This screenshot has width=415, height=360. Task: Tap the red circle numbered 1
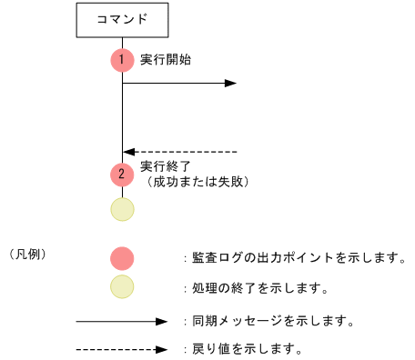coord(122,60)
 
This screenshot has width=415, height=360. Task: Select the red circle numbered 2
coord(122,174)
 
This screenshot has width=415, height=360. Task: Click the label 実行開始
coord(166,60)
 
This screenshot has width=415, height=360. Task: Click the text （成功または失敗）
coord(191,182)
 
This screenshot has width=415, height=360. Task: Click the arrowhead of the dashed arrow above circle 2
coord(128,151)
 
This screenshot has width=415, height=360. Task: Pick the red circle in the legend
coord(122,258)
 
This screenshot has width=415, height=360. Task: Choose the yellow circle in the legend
coord(122,288)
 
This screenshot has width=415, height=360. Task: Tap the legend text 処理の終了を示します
coord(258,288)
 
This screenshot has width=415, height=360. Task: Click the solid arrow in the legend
coord(122,321)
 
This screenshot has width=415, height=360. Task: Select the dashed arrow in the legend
coord(122,349)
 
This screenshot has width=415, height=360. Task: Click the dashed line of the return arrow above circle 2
coord(187,151)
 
